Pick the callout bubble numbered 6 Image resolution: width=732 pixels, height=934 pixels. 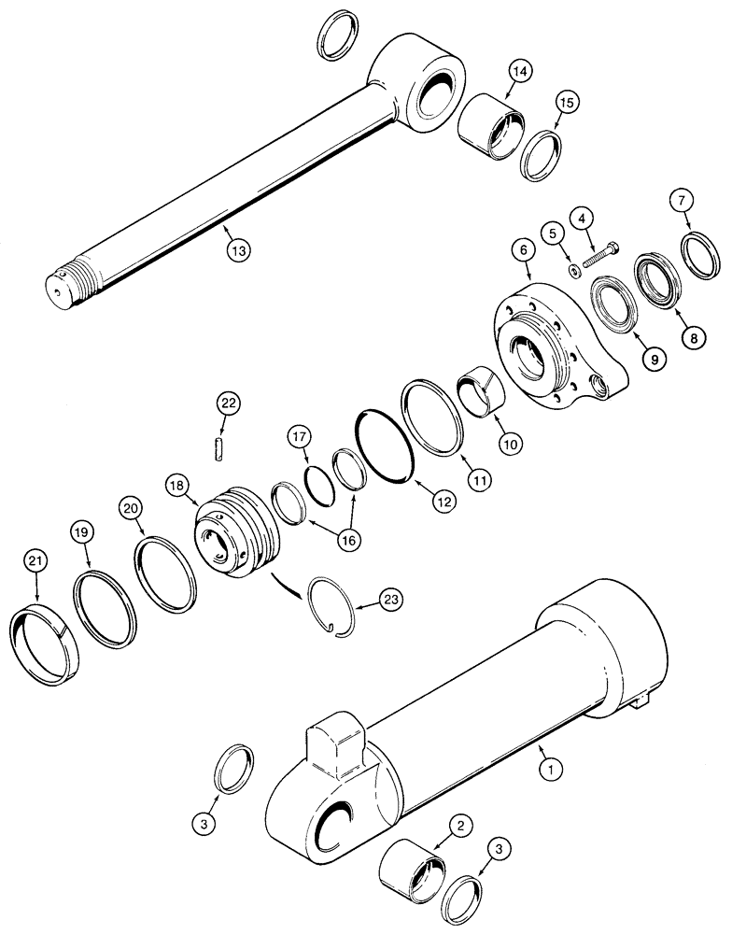(521, 250)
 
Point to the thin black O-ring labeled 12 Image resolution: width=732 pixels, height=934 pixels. (387, 445)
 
